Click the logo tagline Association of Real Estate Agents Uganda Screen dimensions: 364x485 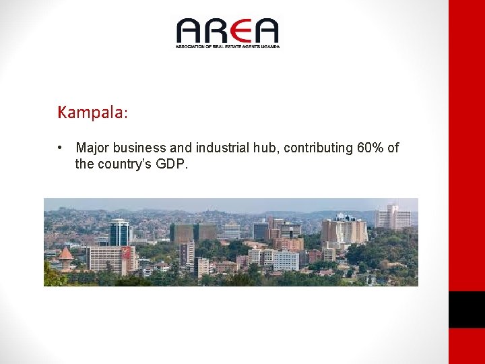tap(227, 46)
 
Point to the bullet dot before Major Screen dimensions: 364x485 tap(61, 148)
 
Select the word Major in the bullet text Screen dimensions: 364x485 tap(93, 148)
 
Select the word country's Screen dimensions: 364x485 tap(128, 164)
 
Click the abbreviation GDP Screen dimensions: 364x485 tap(173, 164)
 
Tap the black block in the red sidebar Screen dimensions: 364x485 tap(466, 309)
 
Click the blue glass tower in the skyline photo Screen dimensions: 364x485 tap(119, 232)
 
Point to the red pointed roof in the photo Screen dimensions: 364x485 tap(65, 255)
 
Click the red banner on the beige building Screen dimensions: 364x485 tap(125, 253)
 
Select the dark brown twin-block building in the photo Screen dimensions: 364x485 tap(193, 233)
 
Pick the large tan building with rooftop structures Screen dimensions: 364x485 tap(344, 231)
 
